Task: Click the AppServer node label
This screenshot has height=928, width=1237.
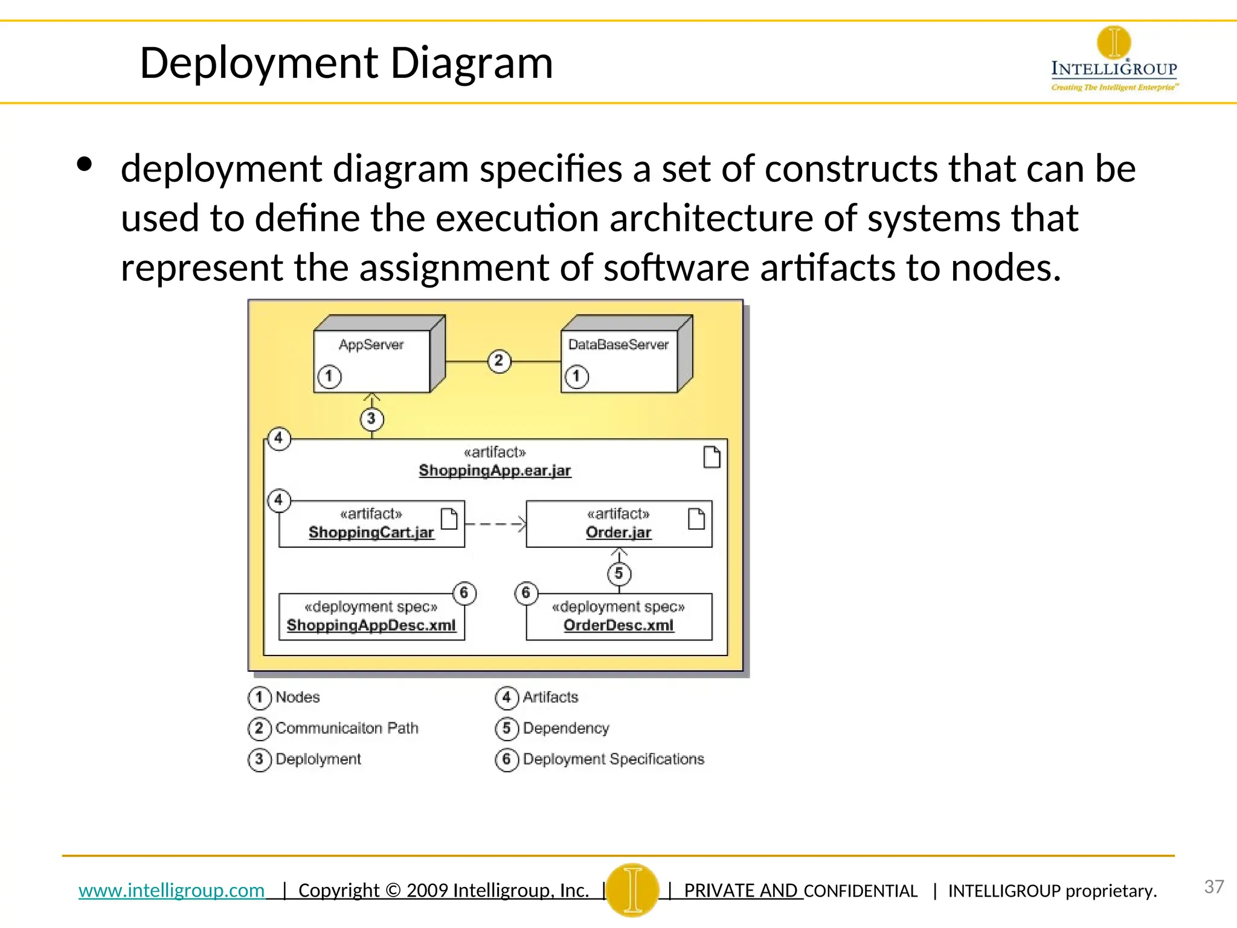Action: pyautogui.click(x=371, y=345)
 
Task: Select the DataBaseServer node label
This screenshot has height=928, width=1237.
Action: pyautogui.click(x=618, y=345)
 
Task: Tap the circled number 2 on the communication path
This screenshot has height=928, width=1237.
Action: pyautogui.click(x=499, y=361)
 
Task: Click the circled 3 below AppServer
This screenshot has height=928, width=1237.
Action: pyautogui.click(x=371, y=419)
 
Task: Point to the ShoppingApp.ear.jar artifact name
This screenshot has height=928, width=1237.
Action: pyautogui.click(x=495, y=471)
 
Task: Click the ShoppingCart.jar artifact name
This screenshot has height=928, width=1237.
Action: pyautogui.click(x=371, y=532)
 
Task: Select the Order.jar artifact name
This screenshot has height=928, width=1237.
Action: pyautogui.click(x=618, y=532)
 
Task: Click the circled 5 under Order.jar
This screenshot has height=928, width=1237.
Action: pyautogui.click(x=618, y=574)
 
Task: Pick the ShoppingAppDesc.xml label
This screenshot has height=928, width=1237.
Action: pyautogui.click(x=371, y=625)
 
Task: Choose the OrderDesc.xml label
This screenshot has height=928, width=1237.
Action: pyautogui.click(x=618, y=625)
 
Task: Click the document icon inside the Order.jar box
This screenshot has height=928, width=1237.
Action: pyautogui.click(x=696, y=518)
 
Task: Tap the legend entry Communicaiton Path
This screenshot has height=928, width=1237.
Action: pyautogui.click(x=347, y=728)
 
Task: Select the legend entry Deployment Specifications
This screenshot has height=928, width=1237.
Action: pyautogui.click(x=613, y=759)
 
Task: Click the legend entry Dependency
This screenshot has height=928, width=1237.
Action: pyautogui.click(x=566, y=728)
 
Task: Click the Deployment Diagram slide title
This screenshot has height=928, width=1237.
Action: pyautogui.click(x=346, y=63)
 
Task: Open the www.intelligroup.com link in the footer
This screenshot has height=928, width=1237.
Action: pyautogui.click(x=172, y=891)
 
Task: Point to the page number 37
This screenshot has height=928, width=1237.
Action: pyautogui.click(x=1213, y=887)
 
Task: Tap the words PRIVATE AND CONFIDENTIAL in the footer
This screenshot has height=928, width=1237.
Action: pyautogui.click(x=800, y=891)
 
